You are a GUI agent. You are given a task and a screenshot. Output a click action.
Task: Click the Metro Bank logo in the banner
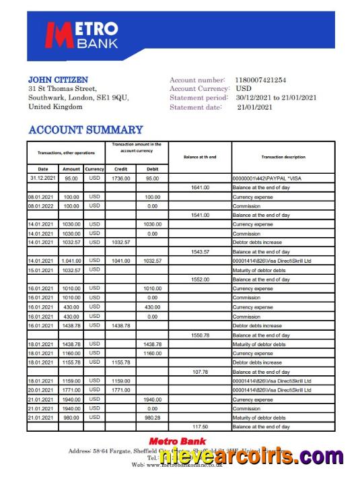83,36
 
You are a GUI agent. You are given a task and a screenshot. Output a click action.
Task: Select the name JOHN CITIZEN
58,79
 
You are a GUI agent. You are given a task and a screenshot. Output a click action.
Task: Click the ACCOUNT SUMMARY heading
85,129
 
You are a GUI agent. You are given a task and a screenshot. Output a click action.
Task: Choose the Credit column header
121,168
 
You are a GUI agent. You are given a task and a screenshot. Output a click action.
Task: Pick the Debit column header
152,168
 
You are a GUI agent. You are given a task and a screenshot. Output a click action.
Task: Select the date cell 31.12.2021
43,178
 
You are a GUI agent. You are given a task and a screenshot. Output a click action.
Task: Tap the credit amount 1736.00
121,178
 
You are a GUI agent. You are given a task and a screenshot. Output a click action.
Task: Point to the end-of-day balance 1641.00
200,187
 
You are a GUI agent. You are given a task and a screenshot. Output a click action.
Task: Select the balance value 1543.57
200,251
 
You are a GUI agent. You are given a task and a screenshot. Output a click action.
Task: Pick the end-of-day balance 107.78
200,371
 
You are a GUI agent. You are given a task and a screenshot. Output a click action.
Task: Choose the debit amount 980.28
152,417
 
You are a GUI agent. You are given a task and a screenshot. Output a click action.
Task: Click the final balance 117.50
200,426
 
